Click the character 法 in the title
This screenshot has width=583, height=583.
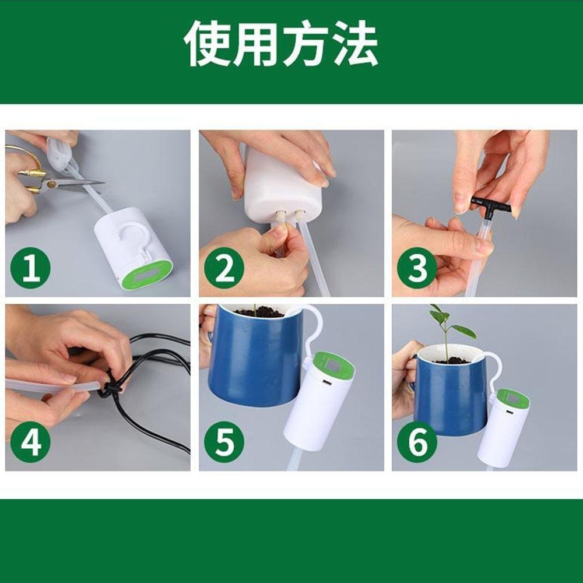coord(354,45)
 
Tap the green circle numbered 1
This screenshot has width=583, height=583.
coord(31,270)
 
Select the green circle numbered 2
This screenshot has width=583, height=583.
coord(224,270)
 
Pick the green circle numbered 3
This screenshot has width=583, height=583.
coord(417,270)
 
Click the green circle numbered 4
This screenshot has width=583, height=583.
coord(31,442)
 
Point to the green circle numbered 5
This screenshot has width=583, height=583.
coord(224,442)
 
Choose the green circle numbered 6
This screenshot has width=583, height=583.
coord(417,442)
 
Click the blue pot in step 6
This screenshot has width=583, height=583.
coord(449,396)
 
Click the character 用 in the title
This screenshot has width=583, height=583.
coord(257,45)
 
